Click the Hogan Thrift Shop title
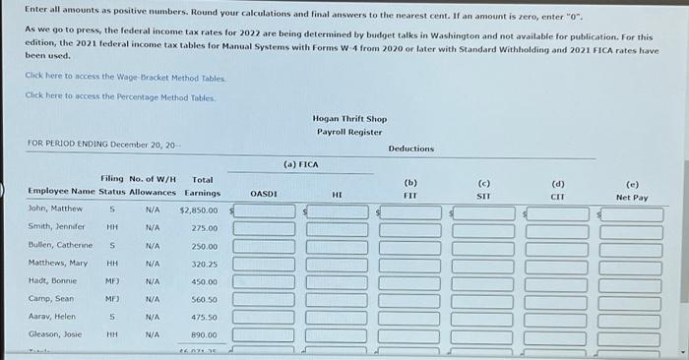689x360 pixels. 350,119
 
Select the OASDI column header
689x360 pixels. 264,194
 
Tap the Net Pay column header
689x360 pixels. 631,197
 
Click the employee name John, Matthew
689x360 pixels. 56,209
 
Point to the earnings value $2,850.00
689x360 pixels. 198,210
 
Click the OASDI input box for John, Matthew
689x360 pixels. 263,210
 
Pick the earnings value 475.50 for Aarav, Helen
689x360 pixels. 204,317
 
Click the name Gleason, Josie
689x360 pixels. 55,334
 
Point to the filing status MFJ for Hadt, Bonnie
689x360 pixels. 112,281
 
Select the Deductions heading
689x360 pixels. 410,149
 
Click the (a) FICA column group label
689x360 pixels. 301,164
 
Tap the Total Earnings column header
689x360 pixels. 201,186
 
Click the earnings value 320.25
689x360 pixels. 204,264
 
